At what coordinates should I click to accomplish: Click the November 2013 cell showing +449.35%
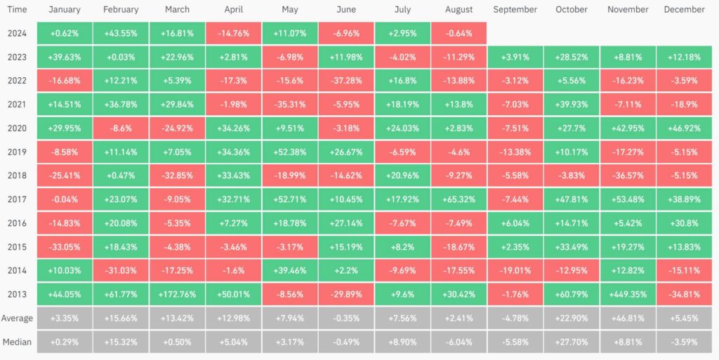point(627,294)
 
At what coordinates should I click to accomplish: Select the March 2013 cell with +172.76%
point(177,294)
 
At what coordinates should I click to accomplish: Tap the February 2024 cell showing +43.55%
point(121,33)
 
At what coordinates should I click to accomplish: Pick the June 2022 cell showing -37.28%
point(346,81)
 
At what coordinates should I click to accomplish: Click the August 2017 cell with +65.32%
point(459,199)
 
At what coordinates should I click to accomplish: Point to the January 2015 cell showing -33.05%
point(64,247)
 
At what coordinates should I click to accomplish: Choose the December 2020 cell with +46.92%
point(684,128)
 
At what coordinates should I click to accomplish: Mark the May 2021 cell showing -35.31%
point(290,105)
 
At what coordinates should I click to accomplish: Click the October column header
point(571,9)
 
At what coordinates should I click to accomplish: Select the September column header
point(515,9)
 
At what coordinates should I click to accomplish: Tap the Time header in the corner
point(18,9)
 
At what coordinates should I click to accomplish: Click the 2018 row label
point(17,175)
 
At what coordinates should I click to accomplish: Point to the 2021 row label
point(17,105)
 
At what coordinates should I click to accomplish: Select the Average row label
point(17,319)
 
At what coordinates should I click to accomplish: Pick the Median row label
point(17,342)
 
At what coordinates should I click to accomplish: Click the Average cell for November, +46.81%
point(627,318)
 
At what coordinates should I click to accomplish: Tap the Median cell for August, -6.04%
point(459,342)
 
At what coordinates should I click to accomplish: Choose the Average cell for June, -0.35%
point(346,318)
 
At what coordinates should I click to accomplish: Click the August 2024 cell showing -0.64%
point(459,33)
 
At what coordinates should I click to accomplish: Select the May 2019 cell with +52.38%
point(290,152)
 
